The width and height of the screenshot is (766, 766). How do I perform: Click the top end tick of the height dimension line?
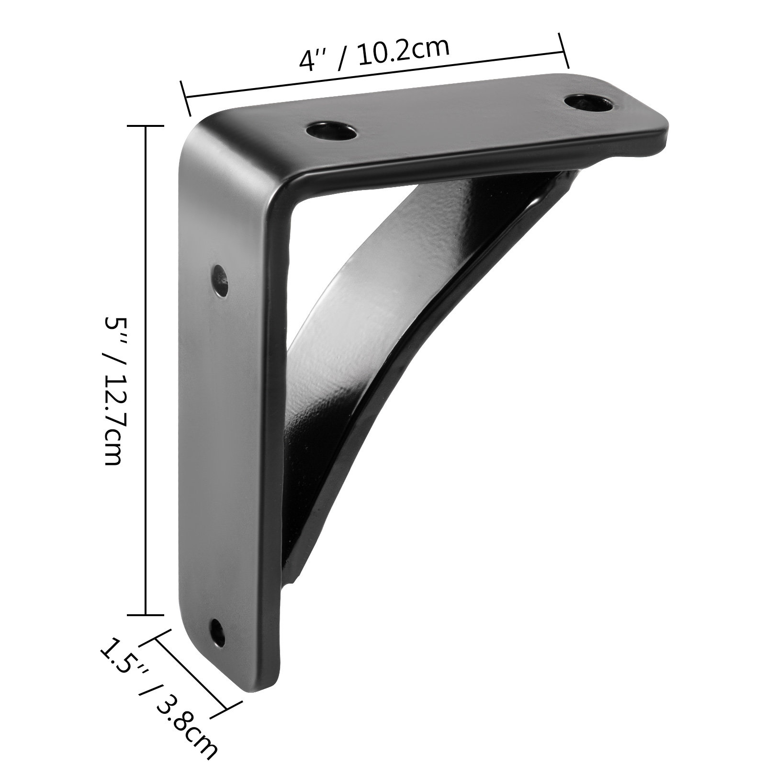pos(145,125)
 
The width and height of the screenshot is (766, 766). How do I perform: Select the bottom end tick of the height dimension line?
pos(145,615)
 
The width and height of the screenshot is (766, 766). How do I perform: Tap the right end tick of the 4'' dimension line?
pos(564,51)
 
